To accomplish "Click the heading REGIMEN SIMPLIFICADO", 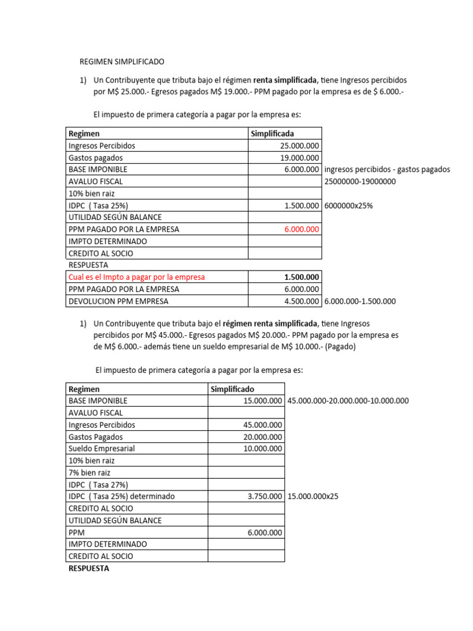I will pos(122,62).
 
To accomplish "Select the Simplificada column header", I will pos(272,134).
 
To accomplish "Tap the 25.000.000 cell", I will pos(299,146).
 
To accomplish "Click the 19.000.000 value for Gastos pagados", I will pos(299,158).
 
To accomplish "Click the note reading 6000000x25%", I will pos(348,206).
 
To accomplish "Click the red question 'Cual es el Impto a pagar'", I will pos(137,277).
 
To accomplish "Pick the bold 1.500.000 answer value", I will pos(300,277).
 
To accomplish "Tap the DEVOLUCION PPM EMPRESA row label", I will pos(118,301).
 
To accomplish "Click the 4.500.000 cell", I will pos(301,301).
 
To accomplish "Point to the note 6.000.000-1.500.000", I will pos(360,301).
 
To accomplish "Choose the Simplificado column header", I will pos(232,389).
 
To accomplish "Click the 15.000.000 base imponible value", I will pos(263,401).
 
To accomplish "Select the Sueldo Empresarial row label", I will pos(102,449).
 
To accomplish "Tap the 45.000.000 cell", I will pos(263,425).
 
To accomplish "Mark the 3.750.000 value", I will pos(265,497).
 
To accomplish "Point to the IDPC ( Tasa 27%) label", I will pos(99,484).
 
